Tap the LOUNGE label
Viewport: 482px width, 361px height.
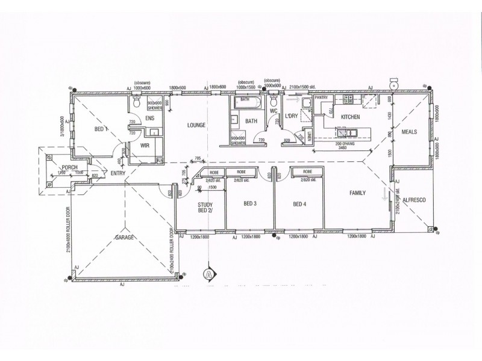coord(196,125)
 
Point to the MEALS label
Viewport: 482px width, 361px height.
coord(410,131)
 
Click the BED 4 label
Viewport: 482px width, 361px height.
coord(299,204)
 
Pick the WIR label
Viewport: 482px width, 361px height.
coord(144,146)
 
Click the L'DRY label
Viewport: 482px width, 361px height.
coord(291,116)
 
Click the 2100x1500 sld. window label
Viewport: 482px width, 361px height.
coord(305,88)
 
